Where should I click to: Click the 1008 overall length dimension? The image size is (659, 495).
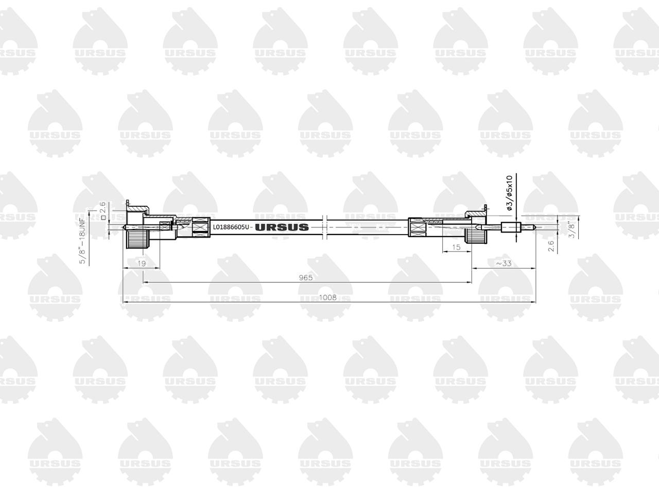click(x=327, y=298)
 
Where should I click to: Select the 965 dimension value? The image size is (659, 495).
click(x=306, y=277)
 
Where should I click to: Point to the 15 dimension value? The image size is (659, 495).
click(x=456, y=247)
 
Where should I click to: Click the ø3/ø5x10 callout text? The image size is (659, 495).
click(x=509, y=193)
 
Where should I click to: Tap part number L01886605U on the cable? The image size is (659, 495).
click(x=231, y=227)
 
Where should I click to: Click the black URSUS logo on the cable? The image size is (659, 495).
click(x=282, y=227)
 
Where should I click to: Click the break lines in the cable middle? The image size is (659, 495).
click(x=324, y=227)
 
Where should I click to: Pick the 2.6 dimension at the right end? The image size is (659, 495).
click(x=551, y=246)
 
